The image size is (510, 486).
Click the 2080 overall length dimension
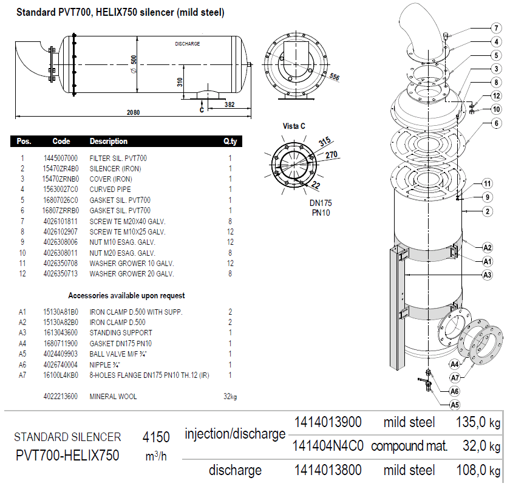click(133, 112)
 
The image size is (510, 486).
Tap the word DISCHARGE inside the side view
click(187, 44)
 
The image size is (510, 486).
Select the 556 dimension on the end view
click(334, 77)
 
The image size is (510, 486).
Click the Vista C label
click(294, 126)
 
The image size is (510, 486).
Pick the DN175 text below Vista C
click(321, 202)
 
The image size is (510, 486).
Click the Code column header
click(61, 142)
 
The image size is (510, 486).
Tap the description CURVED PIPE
click(110, 190)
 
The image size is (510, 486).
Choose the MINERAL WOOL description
click(113, 397)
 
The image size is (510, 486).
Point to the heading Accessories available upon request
click(126, 296)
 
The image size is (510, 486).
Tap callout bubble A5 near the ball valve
click(454, 404)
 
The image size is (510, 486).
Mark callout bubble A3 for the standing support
click(487, 275)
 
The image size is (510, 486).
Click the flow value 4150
click(156, 437)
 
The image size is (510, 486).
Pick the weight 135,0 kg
click(478, 422)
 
